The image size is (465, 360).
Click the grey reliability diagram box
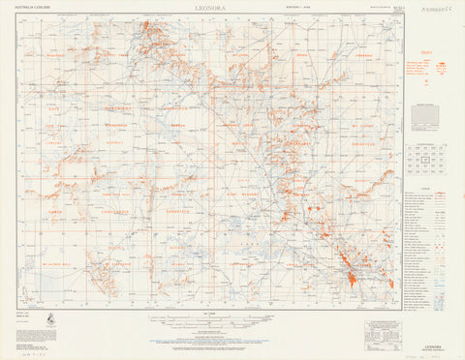[x=424, y=116]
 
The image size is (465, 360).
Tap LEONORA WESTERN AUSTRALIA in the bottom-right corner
[x=431, y=343]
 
